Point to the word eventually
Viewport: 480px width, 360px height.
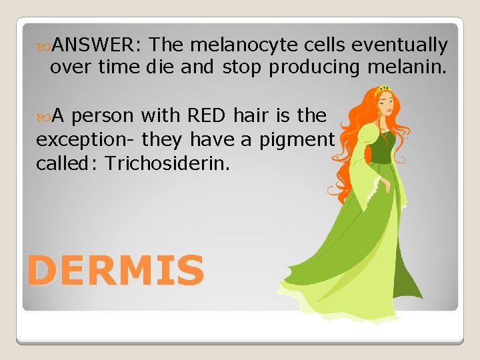(399, 45)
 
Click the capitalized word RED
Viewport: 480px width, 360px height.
(207, 115)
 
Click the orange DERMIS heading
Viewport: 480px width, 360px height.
(115, 271)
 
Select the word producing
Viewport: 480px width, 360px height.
(313, 67)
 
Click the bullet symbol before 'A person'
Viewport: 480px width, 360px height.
(44, 116)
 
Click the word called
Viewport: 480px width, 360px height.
(58, 163)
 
